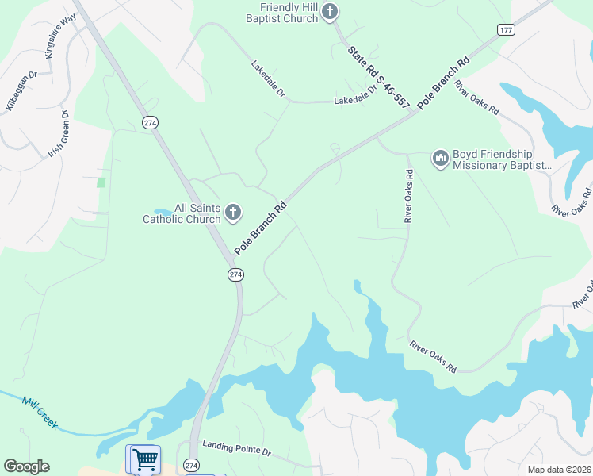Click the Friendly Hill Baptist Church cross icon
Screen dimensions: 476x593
pos(331,12)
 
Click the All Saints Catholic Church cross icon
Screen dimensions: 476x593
pos(232,212)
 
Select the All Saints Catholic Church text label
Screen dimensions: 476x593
pos(181,213)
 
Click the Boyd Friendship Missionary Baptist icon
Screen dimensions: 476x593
pos(440,159)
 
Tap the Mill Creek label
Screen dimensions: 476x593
pos(40,413)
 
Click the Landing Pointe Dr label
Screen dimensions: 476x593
pos(236,449)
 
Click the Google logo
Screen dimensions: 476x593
pos(26,466)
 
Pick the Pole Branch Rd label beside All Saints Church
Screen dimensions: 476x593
pos(259,226)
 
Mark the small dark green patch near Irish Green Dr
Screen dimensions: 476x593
pos(101,182)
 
